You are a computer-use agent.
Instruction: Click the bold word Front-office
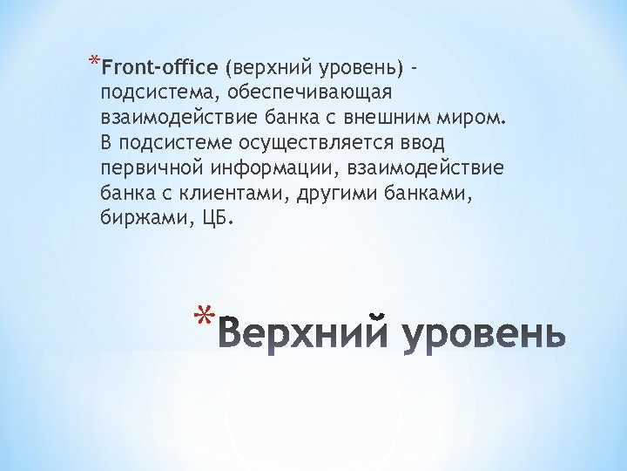click(159, 67)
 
